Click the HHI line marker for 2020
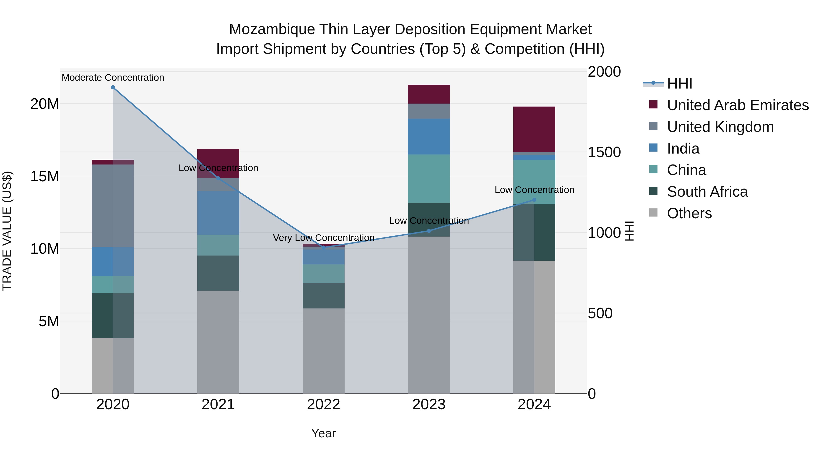113,87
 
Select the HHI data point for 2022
323,247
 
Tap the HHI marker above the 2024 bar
534,200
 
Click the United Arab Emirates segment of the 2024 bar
534,129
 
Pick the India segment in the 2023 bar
429,136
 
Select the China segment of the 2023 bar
429,179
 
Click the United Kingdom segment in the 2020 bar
113,206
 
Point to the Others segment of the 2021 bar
218,342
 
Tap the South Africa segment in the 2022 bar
323,295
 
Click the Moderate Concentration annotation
113,78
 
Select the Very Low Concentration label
323,238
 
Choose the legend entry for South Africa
707,192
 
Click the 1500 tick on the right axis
604,152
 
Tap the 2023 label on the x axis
429,405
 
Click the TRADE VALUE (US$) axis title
7,231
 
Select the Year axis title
323,433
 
